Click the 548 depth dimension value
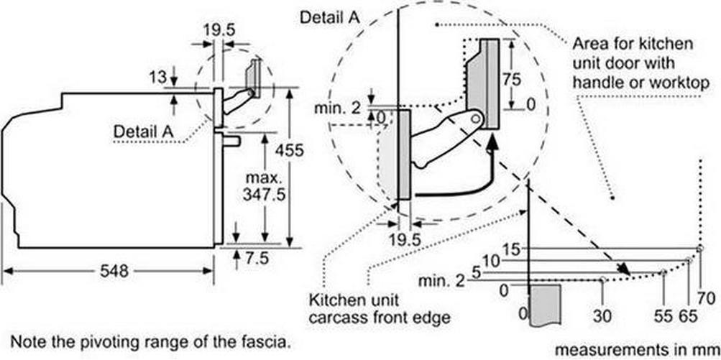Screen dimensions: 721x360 (114, 271)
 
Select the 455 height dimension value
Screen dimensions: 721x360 (289, 150)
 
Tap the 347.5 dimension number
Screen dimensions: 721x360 (265, 194)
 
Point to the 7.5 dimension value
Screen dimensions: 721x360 (256, 259)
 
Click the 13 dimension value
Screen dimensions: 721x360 (157, 77)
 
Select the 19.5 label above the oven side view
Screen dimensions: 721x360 (219, 30)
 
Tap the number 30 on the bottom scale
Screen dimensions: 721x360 (602, 316)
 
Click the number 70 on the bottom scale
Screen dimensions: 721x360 (705, 300)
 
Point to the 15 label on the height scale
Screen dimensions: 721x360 (511, 250)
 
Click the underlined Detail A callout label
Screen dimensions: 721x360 (143, 132)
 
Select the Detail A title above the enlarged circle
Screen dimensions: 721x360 (330, 17)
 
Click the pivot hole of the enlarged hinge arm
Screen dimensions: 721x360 (477, 119)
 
